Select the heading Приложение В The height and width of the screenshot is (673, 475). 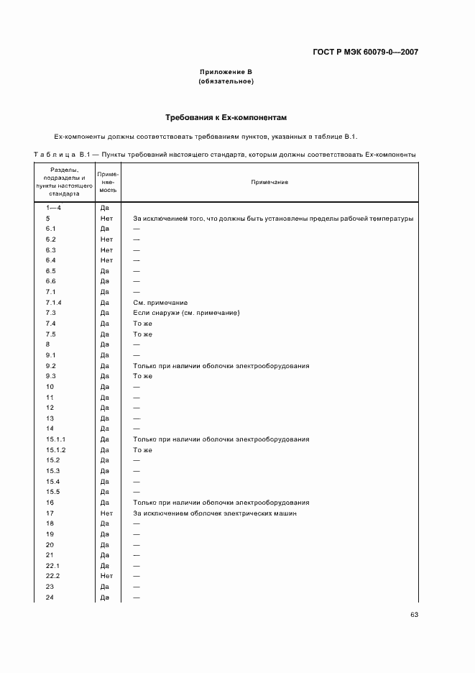(226, 72)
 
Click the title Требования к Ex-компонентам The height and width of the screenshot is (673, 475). (226, 116)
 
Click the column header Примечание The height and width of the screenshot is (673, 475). (269, 183)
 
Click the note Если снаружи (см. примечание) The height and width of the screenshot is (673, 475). (186, 313)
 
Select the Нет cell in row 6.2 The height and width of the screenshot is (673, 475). (106, 239)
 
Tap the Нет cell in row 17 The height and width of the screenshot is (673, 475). (106, 513)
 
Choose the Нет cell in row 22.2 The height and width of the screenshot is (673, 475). (106, 577)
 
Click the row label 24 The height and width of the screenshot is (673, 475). (50, 598)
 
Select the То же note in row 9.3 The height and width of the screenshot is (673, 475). (143, 376)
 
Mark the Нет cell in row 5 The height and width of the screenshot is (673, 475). (106, 218)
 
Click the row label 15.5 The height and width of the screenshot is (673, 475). (52, 492)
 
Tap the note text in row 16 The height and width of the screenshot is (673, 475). (221, 503)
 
